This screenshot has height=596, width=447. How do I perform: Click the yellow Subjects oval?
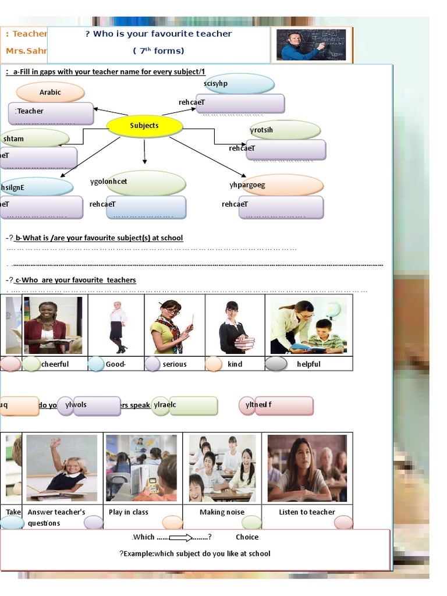144,126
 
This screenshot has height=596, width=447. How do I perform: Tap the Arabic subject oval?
51,92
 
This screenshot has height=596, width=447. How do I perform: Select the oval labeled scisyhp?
239,84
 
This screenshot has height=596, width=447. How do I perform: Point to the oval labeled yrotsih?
285,130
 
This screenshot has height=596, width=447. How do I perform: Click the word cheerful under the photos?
55,364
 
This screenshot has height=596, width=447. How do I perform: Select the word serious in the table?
175,364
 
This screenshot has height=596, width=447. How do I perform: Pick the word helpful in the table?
308,364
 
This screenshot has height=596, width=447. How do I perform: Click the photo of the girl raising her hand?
62,467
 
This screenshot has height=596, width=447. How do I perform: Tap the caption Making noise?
222,512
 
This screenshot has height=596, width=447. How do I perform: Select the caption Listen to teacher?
307,512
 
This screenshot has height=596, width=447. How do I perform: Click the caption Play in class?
129,512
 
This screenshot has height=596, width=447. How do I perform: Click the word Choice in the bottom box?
247,537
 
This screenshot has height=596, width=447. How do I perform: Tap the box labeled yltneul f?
276,406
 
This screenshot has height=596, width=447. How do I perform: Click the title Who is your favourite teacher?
158,34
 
